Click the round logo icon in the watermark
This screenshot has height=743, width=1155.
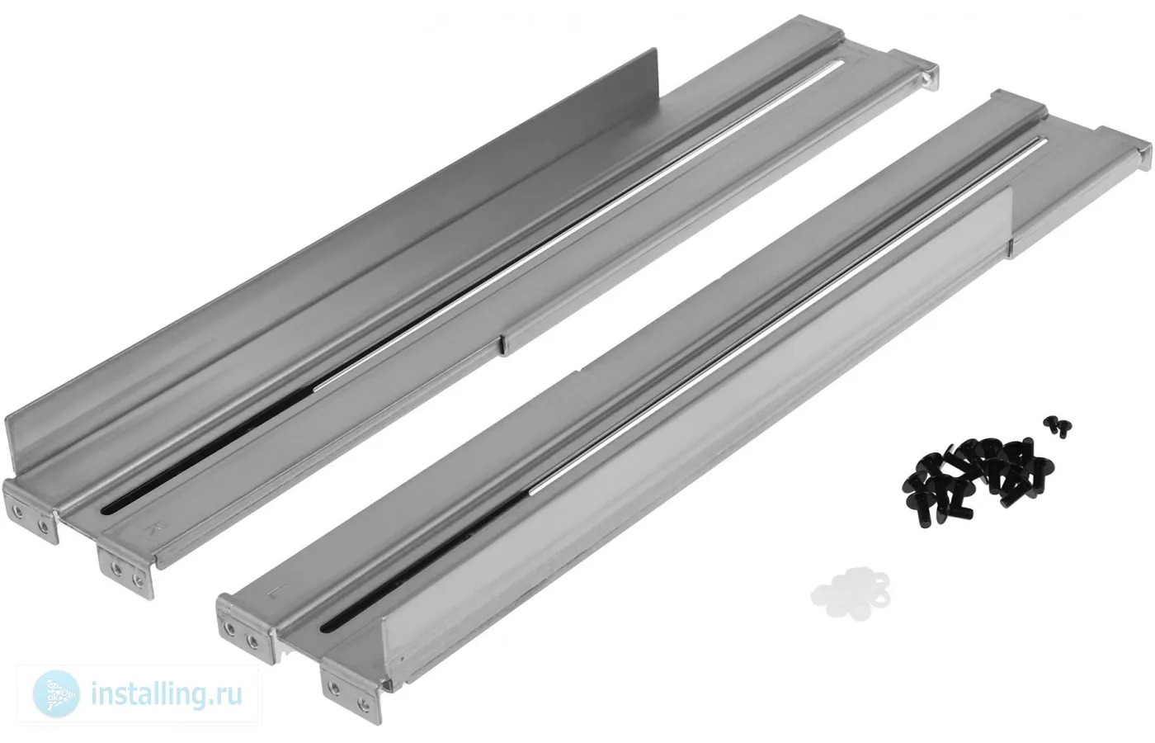coord(56,694)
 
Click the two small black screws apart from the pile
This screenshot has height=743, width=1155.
coord(1057,427)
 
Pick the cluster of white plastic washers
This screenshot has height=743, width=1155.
coord(851,593)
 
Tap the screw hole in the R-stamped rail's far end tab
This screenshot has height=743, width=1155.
coord(926,78)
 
